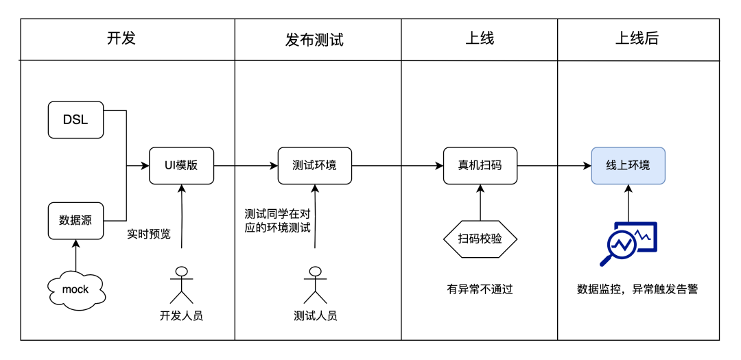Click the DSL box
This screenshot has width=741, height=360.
pos(75,119)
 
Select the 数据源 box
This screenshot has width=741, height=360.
pos(75,220)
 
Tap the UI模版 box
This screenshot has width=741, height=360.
pos(181,165)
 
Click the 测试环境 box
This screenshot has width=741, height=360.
pos(314,165)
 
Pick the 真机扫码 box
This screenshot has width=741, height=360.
pos(480,165)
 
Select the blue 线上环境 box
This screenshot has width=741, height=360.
pos(628,165)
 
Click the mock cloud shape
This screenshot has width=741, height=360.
pos(75,289)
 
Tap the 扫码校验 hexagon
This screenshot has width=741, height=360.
pos(480,239)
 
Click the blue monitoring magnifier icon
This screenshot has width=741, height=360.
pos(628,243)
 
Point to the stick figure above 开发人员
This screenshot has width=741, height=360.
pos(181,284)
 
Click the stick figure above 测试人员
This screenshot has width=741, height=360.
pos(315,284)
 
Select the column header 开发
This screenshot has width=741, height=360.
pos(121,38)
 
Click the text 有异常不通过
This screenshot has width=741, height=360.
pos(480,289)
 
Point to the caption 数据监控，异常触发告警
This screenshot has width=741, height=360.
pos(637,289)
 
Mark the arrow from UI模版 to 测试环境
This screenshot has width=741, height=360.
pos(246,165)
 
